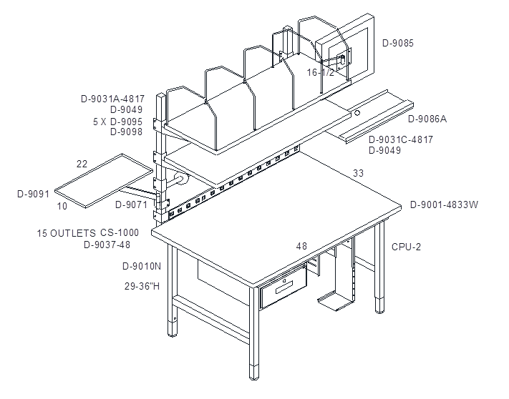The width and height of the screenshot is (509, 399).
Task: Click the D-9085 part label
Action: pyautogui.click(x=398, y=43)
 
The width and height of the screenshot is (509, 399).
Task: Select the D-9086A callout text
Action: pyautogui.click(x=427, y=119)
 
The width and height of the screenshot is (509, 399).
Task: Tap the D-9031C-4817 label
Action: pyautogui.click(x=401, y=139)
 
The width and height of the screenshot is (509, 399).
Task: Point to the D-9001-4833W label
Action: pyautogui.click(x=444, y=205)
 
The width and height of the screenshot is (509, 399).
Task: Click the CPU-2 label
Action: pyautogui.click(x=406, y=247)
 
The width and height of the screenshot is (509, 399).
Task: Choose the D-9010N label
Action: pyautogui.click(x=142, y=266)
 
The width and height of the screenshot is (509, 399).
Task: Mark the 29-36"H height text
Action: pyautogui.click(x=142, y=286)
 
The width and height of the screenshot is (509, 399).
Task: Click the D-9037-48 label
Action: pyautogui.click(x=107, y=245)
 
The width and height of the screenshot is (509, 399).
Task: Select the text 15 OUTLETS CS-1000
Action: pyautogui.click(x=87, y=232)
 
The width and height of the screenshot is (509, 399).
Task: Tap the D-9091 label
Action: pyautogui.click(x=33, y=194)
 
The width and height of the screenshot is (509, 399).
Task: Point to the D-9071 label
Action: pyautogui.click(x=132, y=205)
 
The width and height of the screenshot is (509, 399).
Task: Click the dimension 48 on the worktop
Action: pyautogui.click(x=301, y=247)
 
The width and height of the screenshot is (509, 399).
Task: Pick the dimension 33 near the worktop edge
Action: pyautogui.click(x=359, y=173)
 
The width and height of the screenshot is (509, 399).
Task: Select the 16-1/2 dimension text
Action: pyautogui.click(x=321, y=72)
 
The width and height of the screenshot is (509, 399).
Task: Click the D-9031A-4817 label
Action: pyautogui.click(x=112, y=99)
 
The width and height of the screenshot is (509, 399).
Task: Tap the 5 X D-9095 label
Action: pyautogui.click(x=118, y=122)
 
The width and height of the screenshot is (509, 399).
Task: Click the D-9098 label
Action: pyautogui.click(x=126, y=132)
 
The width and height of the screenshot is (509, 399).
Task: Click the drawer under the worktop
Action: pyautogui.click(x=283, y=285)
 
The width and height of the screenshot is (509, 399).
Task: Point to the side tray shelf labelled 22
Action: pyautogui.click(x=104, y=181)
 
